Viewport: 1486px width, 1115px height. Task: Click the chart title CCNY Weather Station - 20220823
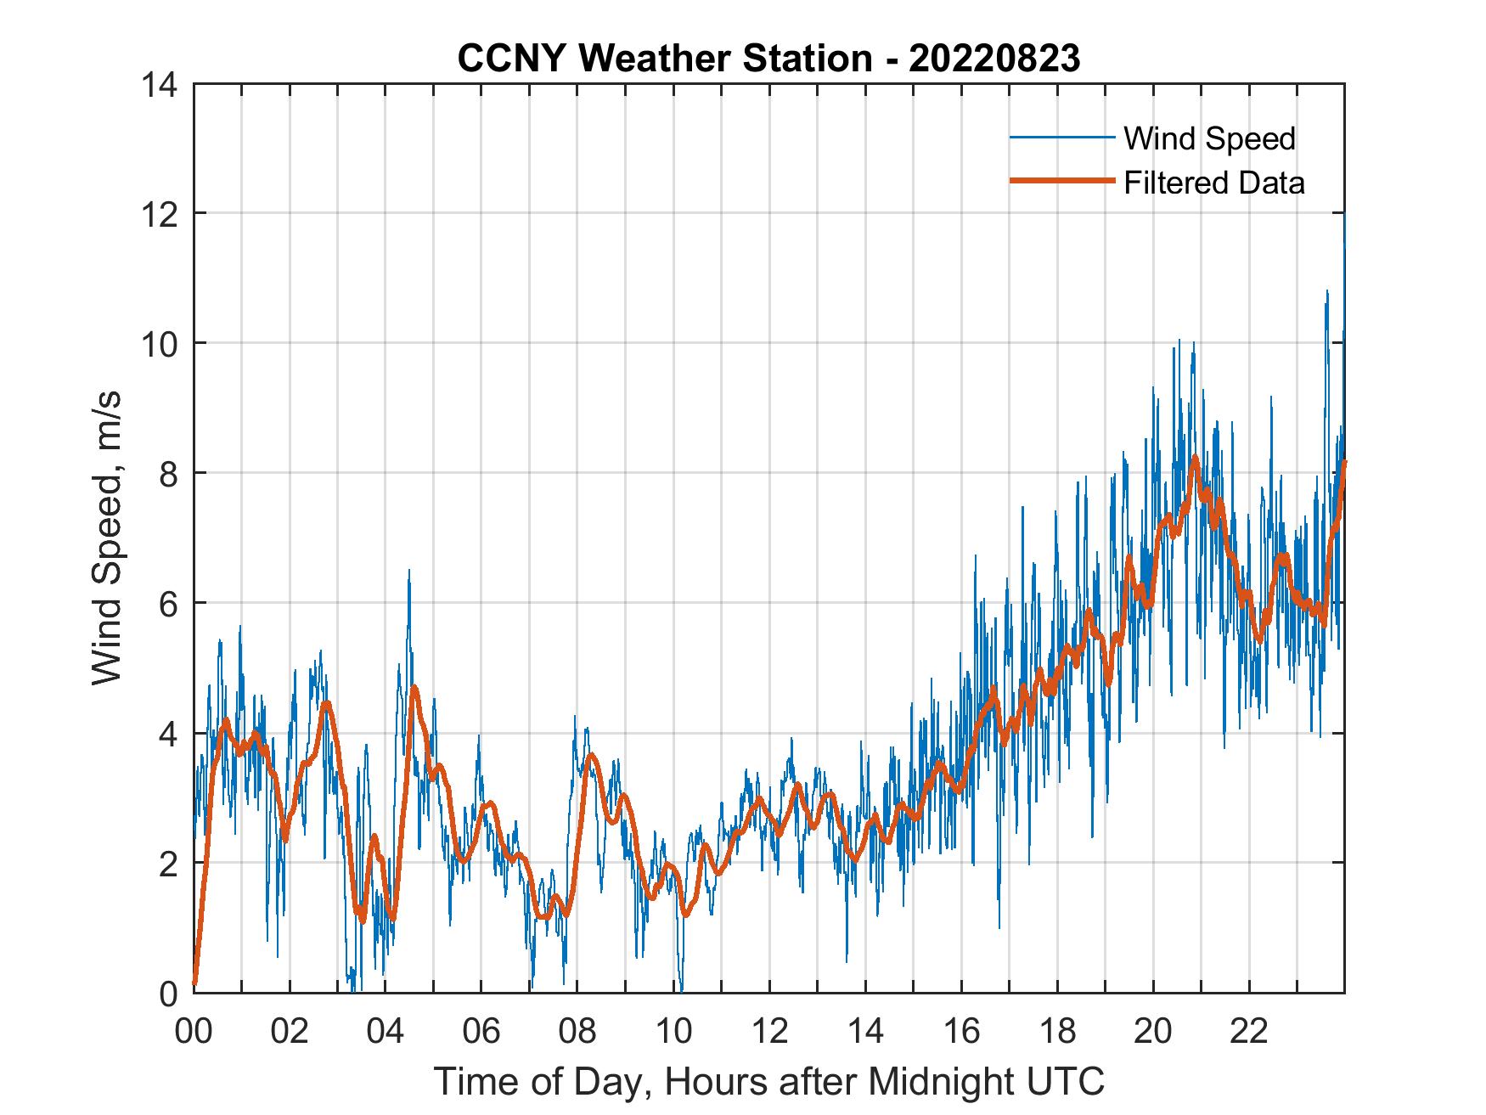click(x=768, y=58)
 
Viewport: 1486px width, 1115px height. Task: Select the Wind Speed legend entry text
click(x=1209, y=138)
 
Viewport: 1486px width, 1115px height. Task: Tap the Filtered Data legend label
click(x=1213, y=183)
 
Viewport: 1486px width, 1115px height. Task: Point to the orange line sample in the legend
click(x=1061, y=181)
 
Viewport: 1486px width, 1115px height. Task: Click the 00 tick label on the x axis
click(x=194, y=1031)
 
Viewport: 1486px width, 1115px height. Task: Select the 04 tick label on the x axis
click(x=386, y=1031)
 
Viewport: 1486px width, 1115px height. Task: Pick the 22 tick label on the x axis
click(x=1249, y=1031)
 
